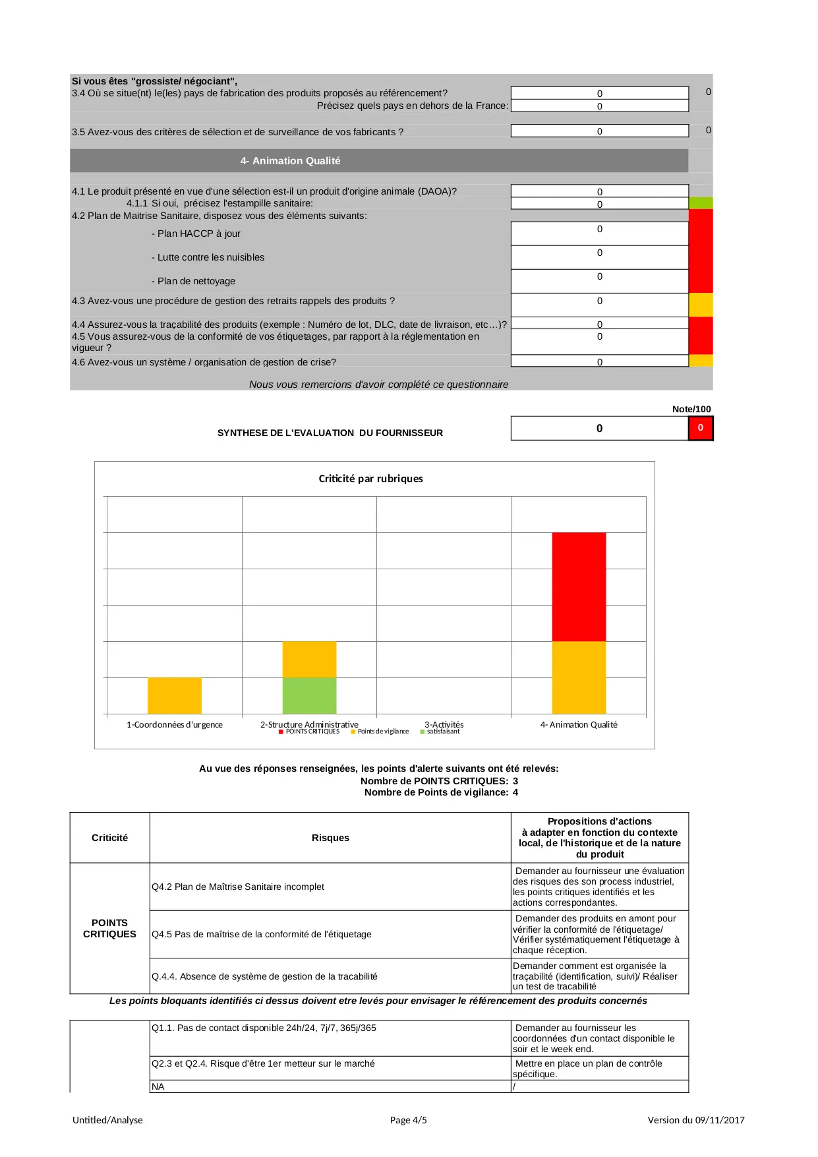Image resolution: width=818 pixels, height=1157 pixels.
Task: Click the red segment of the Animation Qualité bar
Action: (579, 586)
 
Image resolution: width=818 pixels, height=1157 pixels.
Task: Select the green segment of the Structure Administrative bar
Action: (309, 695)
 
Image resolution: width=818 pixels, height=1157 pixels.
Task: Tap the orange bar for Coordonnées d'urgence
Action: (175, 695)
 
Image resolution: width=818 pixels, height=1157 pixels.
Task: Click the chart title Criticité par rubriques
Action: (370, 479)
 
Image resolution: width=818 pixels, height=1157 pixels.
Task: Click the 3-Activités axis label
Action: (444, 724)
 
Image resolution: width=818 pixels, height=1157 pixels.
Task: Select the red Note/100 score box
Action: (700, 428)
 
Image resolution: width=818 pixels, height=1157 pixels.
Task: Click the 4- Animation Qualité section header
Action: (290, 161)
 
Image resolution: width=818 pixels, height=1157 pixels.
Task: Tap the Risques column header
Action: (330, 838)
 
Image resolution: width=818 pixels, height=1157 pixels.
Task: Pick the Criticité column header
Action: (109, 838)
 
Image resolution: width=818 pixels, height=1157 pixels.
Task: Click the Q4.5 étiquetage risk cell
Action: (262, 934)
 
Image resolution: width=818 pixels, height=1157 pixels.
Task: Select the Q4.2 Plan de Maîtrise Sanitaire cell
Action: (238, 887)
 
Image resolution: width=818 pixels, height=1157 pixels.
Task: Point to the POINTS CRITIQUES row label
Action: (109, 928)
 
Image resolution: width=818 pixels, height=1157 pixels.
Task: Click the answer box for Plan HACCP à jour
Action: (599, 234)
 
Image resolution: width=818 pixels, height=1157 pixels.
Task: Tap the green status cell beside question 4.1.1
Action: (700, 203)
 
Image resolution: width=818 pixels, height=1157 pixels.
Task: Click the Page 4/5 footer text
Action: (408, 1120)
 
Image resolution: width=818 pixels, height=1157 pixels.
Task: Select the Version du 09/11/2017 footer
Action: (695, 1120)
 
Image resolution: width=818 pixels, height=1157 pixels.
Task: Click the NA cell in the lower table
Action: (158, 1086)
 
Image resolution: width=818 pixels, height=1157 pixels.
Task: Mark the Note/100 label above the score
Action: (691, 409)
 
